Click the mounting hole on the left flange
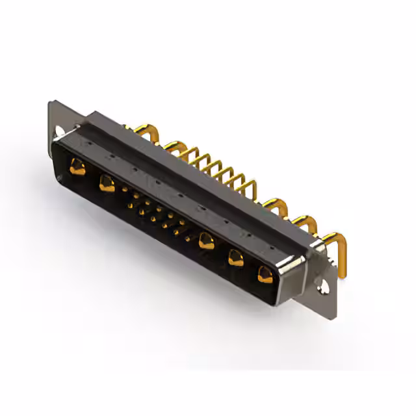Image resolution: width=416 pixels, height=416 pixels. click(x=62, y=132)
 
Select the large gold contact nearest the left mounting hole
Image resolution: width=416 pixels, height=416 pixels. click(x=77, y=168)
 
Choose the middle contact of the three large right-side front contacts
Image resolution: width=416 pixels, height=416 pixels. click(x=235, y=259)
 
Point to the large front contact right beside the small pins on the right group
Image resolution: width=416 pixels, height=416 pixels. click(x=206, y=241)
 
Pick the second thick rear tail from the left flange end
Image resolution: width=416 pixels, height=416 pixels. click(x=174, y=146)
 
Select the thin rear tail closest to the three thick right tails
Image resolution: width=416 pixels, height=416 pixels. click(x=248, y=188)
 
